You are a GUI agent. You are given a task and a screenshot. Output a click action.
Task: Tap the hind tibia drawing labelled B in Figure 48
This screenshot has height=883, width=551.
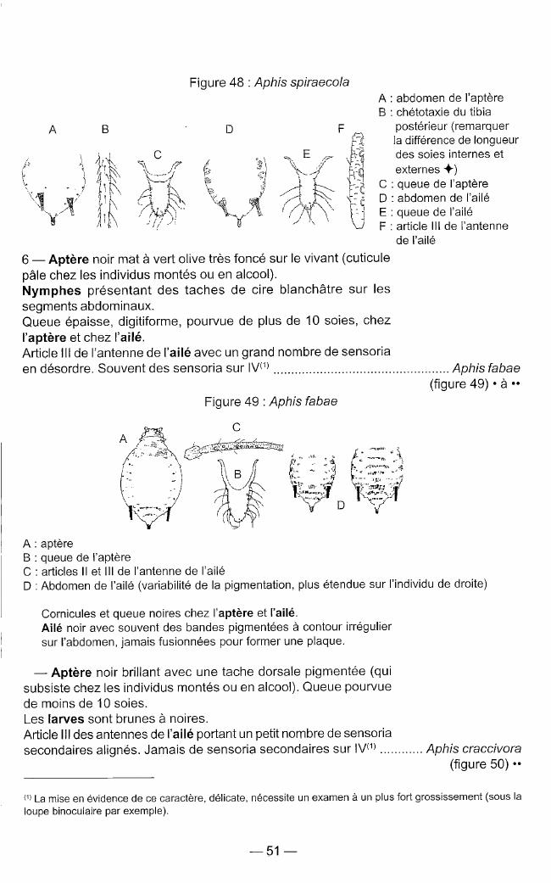coord(106,193)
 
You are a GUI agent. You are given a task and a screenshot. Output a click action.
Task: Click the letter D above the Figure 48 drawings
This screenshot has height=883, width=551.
coord(229,130)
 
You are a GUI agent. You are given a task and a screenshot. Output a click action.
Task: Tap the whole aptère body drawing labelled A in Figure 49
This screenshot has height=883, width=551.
coord(153,477)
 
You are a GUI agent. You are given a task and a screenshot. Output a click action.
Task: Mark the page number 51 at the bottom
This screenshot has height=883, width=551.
coord(272,852)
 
